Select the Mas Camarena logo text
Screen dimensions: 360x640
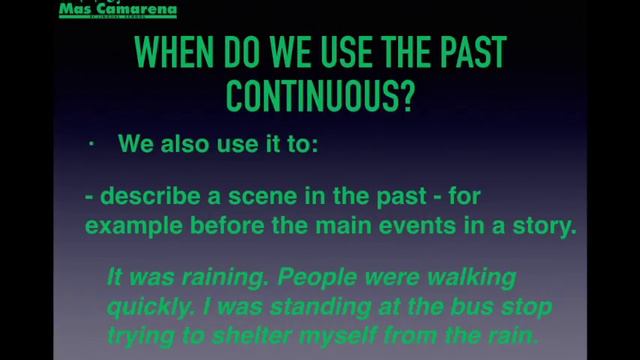pyautogui.click(x=118, y=10)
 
